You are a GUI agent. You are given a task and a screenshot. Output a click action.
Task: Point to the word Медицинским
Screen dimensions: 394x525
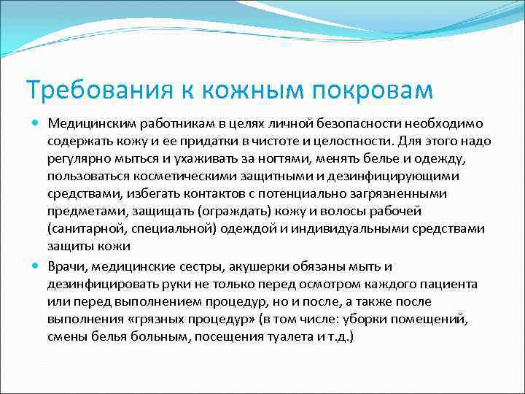[x=88, y=123]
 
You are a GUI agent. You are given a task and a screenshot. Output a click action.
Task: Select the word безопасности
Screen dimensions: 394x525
[x=362, y=123]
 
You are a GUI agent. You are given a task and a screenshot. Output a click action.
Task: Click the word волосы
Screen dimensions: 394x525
[x=353, y=211]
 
